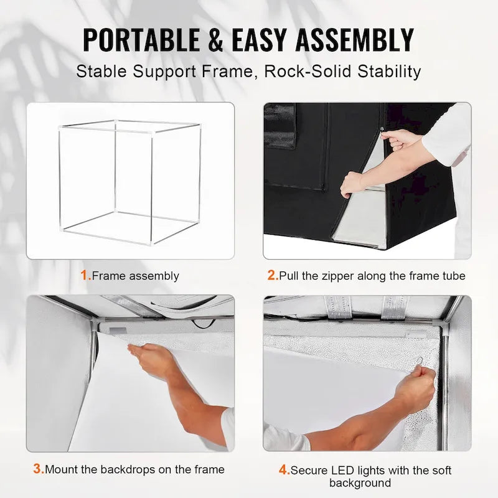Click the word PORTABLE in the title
click(x=136, y=40)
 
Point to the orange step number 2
click(x=272, y=275)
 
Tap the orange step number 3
click(x=38, y=469)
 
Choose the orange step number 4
click(x=284, y=470)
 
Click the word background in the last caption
click(x=360, y=483)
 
